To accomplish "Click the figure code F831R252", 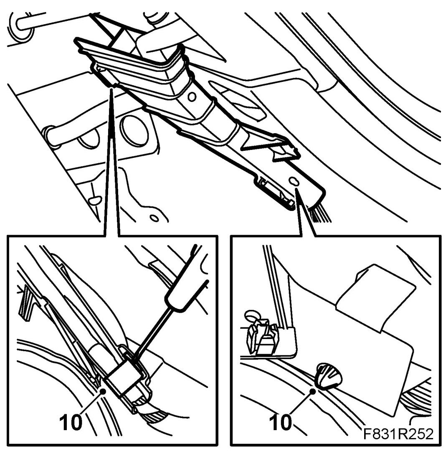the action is [x=398, y=434].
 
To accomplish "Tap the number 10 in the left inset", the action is [x=71, y=423].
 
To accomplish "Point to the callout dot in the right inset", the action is [x=313, y=391].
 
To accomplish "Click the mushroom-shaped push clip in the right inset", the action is [x=328, y=376].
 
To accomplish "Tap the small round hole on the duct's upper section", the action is [x=192, y=96].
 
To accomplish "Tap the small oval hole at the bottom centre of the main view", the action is [x=155, y=218].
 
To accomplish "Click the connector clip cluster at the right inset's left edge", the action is [x=260, y=333].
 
